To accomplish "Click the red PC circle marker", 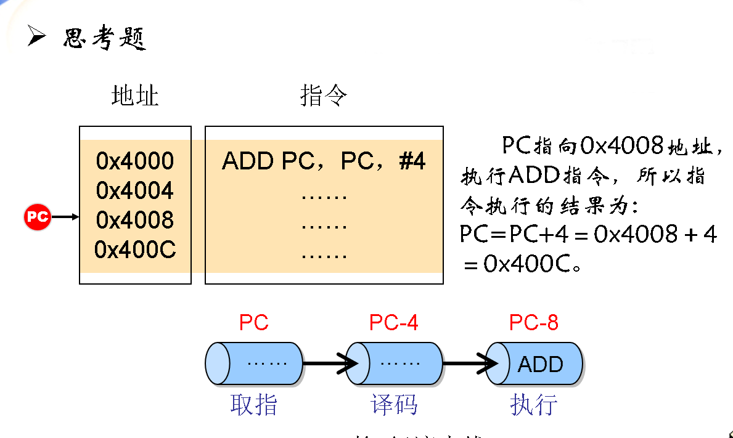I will click(x=38, y=217).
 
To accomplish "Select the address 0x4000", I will click(x=135, y=161).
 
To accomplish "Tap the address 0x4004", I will click(x=135, y=191).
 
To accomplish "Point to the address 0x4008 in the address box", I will click(x=135, y=220).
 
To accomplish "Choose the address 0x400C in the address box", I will click(x=135, y=249).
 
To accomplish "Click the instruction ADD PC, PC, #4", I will click(x=324, y=162).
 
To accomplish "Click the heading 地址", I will click(x=135, y=96).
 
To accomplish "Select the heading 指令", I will click(x=324, y=96).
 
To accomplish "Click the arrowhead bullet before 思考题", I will click(x=36, y=38).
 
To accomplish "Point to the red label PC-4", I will click(x=393, y=322).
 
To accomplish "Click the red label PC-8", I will click(x=533, y=322).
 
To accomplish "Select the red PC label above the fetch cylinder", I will click(x=254, y=322).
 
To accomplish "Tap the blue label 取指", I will click(x=254, y=405).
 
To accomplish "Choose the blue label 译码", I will click(x=394, y=405).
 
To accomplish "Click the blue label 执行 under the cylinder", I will click(x=534, y=405).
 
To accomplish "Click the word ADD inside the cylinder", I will click(x=541, y=364).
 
